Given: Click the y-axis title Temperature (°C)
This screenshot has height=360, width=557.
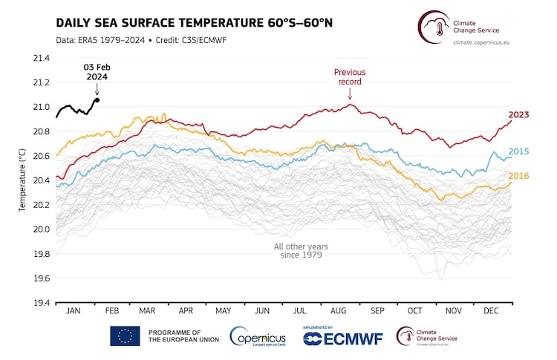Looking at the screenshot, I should coord(22,180).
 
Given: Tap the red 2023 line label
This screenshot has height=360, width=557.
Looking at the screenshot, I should coord(518,114).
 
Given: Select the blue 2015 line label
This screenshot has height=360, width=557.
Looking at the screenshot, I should coord(518,151).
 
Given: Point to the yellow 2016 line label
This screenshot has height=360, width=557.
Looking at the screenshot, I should coord(518,176).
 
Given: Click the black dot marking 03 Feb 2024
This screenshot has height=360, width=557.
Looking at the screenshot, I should coord(97,99).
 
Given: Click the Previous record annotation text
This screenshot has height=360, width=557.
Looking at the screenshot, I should coord(350,76).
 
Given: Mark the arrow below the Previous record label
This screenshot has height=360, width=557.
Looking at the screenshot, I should coord(350,96).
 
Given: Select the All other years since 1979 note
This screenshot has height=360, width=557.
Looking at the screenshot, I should coord(302,250).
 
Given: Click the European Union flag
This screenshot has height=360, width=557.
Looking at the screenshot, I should coord(125,336).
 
